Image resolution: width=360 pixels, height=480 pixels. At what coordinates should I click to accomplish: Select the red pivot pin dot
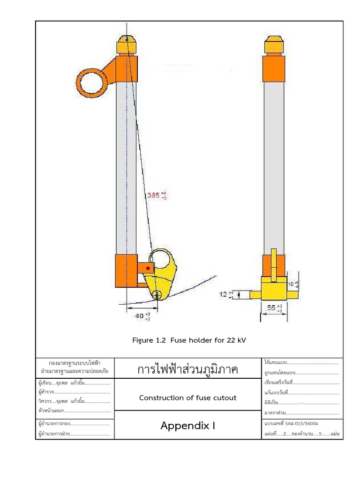click(149, 268)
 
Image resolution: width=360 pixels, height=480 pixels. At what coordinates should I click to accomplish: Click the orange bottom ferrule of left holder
click(126, 270)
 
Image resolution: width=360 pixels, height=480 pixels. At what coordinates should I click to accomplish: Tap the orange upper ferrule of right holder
click(274, 68)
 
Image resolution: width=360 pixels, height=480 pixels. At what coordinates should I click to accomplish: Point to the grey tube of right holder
click(274, 164)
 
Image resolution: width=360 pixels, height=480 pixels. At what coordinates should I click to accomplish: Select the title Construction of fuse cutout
click(187, 397)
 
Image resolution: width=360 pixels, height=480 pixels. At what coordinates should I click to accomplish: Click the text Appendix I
click(187, 426)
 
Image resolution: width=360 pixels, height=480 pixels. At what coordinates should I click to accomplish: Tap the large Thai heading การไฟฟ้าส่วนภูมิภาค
click(187, 369)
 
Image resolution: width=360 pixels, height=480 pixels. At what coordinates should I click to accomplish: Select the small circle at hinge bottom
click(157, 294)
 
